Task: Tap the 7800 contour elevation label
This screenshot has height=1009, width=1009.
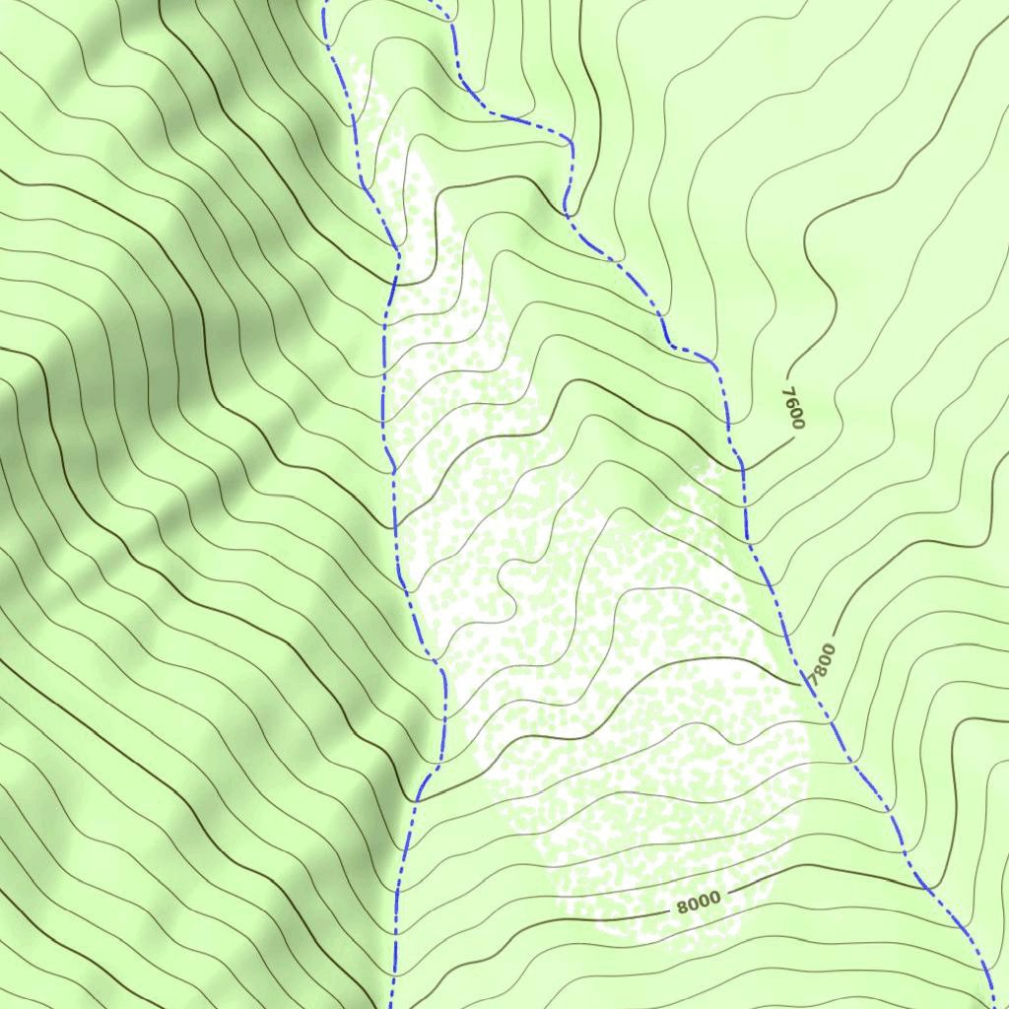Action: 821,665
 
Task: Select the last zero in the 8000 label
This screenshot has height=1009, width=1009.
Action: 715,897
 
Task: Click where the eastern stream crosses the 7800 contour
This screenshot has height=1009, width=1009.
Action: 807,686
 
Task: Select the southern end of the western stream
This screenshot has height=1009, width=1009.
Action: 391,1005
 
